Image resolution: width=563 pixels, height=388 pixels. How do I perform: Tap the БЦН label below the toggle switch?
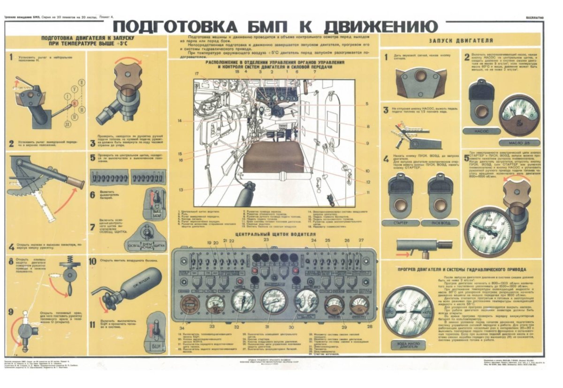155,346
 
